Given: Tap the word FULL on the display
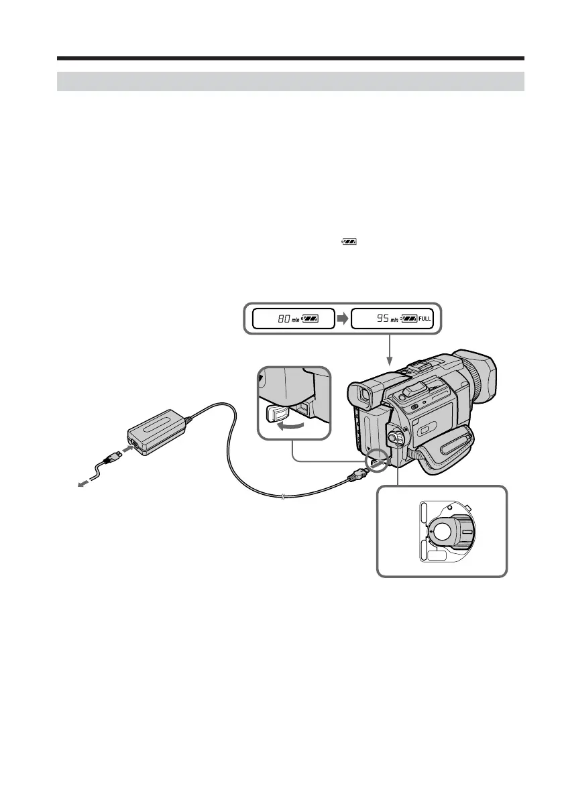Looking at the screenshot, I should click(425, 319).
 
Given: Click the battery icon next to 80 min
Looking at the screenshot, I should click(310, 319).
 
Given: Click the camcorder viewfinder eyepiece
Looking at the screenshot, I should click(363, 397).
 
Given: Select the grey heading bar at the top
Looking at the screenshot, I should click(290, 81).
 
